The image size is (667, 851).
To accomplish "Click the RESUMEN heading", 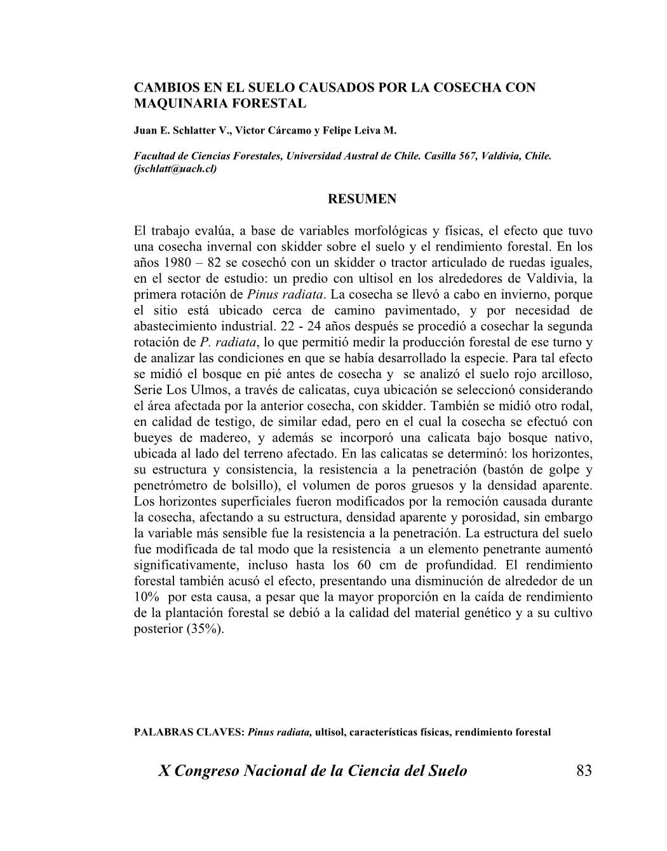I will coord(361,199).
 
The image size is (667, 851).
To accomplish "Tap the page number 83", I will coord(584,771).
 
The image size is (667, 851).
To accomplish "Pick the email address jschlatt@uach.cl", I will coord(175,169).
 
